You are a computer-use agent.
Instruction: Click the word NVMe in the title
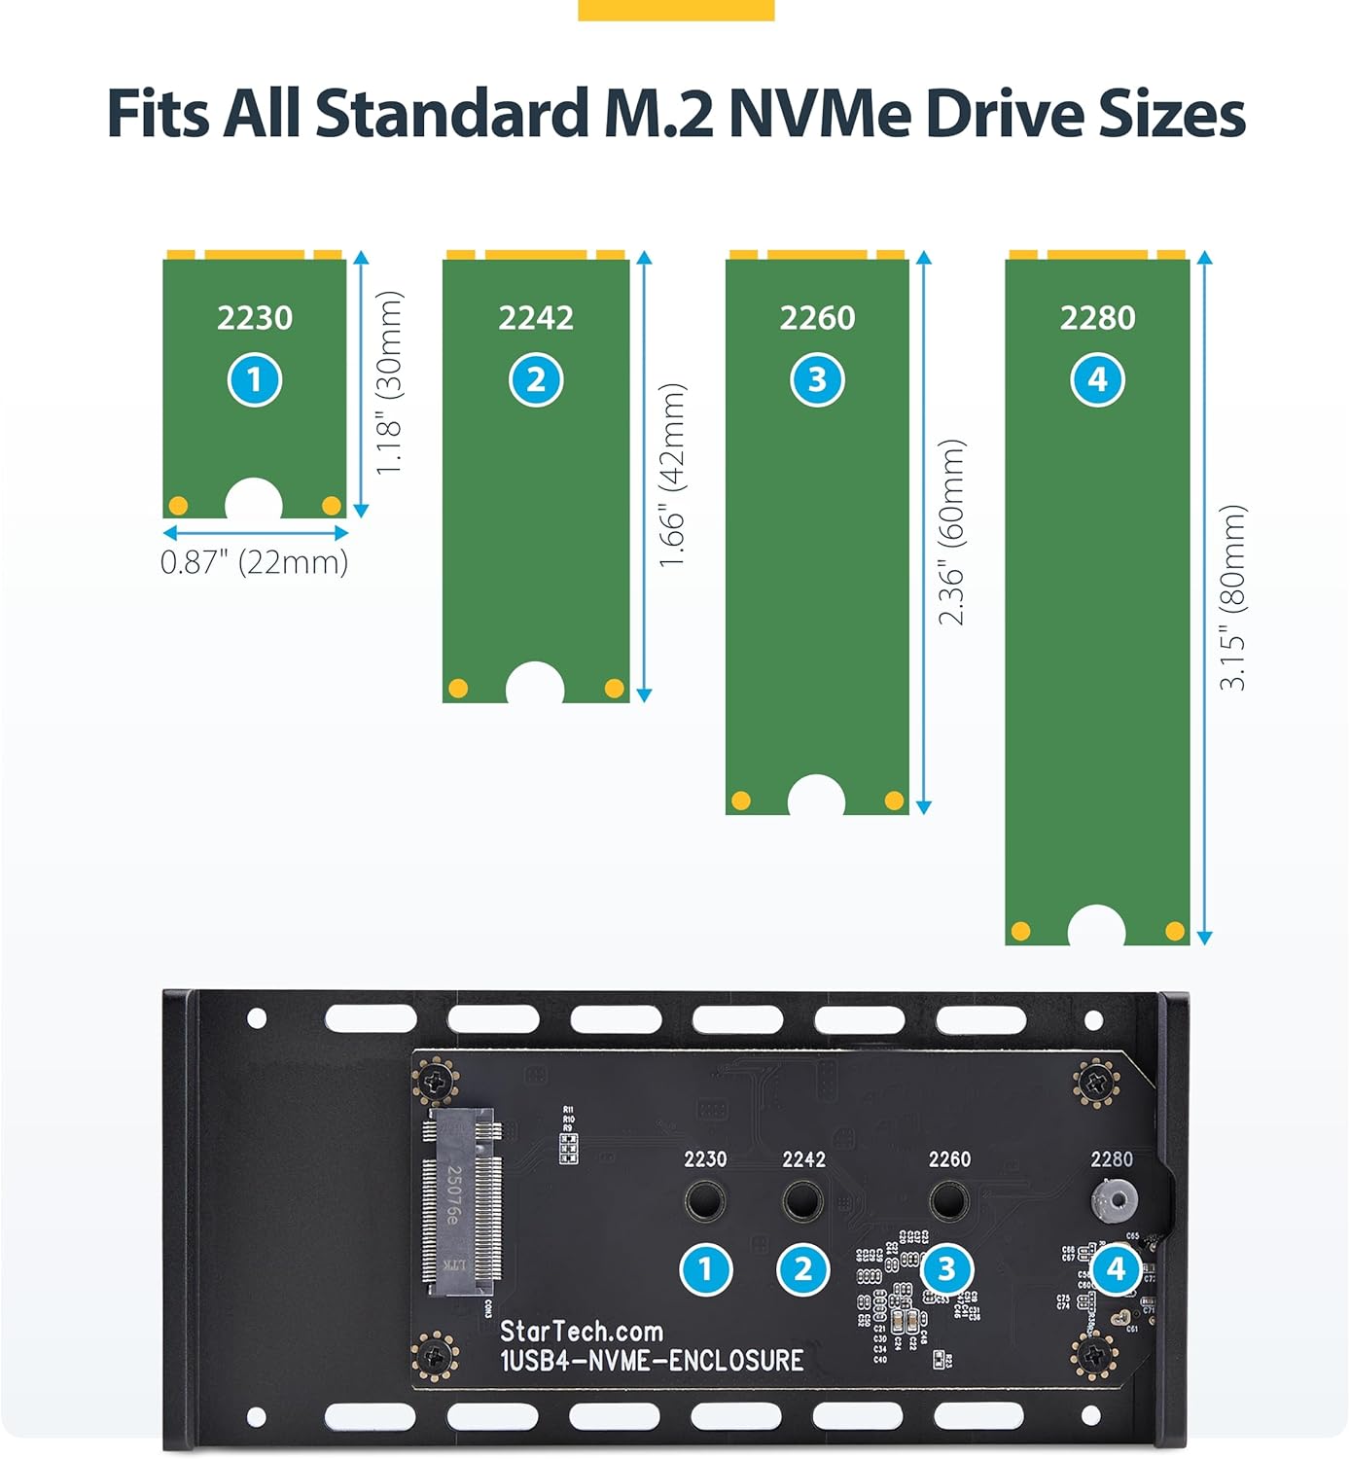pos(820,114)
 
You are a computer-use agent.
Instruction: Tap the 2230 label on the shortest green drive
pos(255,318)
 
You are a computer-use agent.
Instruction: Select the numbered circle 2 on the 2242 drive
pos(536,380)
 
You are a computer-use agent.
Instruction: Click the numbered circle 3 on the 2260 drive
pos(817,380)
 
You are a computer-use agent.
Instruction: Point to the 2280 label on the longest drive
pos(1097,318)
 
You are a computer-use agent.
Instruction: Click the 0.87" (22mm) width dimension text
pos(255,562)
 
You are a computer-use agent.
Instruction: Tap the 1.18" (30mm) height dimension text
pos(389,382)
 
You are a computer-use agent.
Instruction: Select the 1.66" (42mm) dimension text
pos(673,475)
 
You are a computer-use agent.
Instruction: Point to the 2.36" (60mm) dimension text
pos(952,532)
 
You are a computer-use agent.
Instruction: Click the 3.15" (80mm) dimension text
pos(1232,597)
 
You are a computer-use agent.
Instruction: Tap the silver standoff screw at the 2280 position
pos(1115,1200)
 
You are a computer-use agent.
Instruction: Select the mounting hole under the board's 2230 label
pos(704,1201)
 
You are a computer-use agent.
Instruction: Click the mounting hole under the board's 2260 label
pos(948,1201)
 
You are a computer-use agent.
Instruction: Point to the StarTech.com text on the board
pos(582,1331)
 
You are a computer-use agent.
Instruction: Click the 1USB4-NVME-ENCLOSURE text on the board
pos(652,1360)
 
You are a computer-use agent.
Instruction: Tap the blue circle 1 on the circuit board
pos(705,1269)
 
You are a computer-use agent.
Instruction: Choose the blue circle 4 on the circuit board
pos(1116,1268)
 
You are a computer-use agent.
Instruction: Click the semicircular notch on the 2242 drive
pos(535,685)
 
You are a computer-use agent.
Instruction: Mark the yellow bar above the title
pos(676,10)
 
